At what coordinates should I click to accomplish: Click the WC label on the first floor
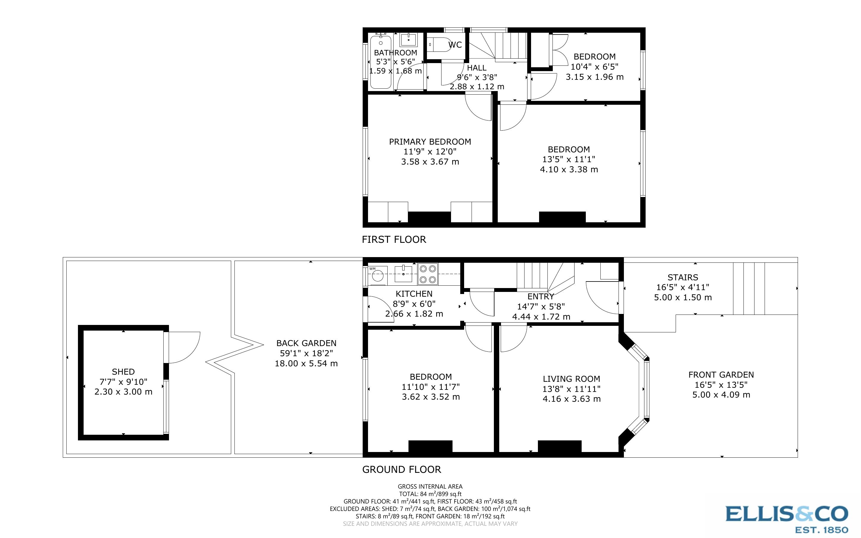[x=455, y=45]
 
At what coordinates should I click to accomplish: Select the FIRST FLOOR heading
[x=394, y=240]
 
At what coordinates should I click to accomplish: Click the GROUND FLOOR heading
[x=402, y=469]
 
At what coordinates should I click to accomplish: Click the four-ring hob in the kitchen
[x=428, y=274]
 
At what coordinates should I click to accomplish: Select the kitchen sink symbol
[x=403, y=274]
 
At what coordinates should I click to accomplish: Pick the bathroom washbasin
[x=408, y=40]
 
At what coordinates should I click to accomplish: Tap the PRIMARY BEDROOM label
[x=430, y=142]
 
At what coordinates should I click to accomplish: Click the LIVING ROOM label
[x=572, y=379]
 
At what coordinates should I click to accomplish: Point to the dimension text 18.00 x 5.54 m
[x=306, y=364]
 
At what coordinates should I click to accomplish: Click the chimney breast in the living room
[x=559, y=447]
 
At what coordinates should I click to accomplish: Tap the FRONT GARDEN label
[x=721, y=375]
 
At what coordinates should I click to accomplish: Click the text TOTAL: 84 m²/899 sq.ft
[x=430, y=494]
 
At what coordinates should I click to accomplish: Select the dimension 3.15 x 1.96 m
[x=595, y=77]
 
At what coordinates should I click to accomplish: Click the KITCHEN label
[x=414, y=294]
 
